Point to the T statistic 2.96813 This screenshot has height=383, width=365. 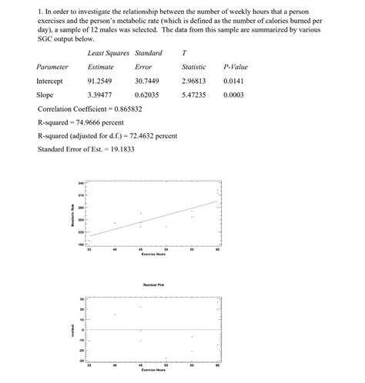coord(194,81)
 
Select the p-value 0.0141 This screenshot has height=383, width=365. coord(235,81)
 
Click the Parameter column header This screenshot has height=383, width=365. coord(52,67)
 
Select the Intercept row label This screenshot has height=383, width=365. coord(49,81)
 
